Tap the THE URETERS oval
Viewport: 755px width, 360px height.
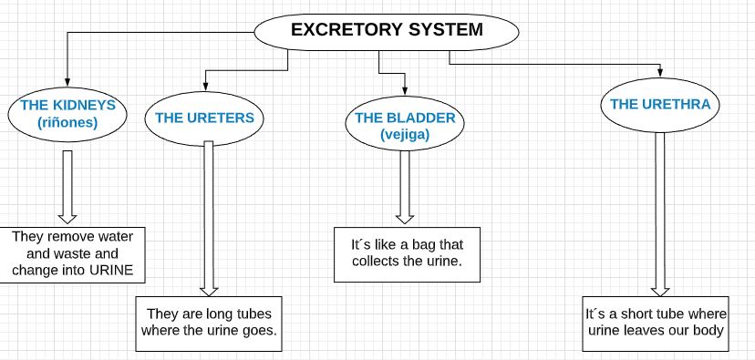(210, 118)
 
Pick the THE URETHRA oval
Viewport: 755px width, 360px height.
(659, 105)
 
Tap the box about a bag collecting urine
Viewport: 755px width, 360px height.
(406, 253)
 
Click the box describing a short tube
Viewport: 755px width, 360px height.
(657, 322)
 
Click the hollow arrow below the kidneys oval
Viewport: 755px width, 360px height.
(67, 187)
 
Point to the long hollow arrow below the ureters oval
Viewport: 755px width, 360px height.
(208, 219)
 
